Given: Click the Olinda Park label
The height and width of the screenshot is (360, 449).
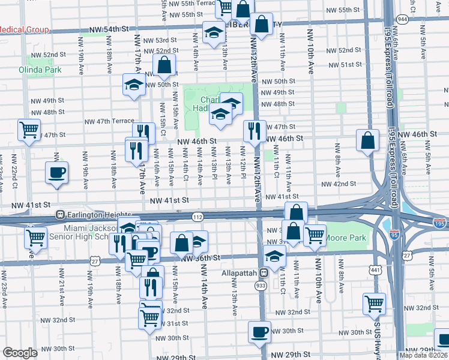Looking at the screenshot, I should (x=44, y=70).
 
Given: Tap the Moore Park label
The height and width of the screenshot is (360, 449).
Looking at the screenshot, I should (x=346, y=238).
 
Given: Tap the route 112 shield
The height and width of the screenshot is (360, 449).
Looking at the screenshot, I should (x=197, y=216).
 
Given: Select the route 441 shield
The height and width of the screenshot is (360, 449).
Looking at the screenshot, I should (x=376, y=271).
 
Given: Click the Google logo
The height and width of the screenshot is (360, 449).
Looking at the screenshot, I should (x=20, y=353).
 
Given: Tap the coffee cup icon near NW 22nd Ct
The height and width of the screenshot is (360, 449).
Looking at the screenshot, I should (x=57, y=173).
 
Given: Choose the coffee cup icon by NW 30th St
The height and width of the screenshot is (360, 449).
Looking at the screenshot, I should (x=260, y=331).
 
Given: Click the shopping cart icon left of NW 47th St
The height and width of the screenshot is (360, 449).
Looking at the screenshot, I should (x=29, y=130).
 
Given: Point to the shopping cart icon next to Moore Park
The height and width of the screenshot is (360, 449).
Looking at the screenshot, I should (x=315, y=235).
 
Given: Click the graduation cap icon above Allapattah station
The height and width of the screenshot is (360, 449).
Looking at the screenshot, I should (x=274, y=256).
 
